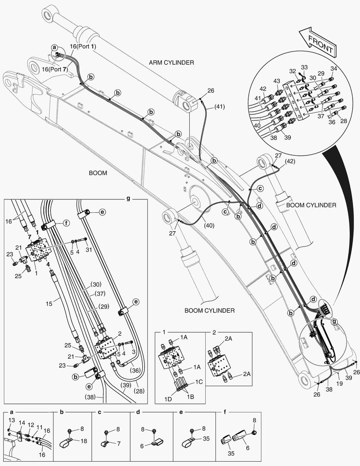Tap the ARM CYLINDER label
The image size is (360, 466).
pos(172,63)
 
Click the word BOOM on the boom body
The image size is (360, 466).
pos(98,173)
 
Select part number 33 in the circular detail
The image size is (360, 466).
pos(304,67)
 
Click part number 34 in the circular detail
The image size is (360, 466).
pos(334,68)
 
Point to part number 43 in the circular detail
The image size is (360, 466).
pos(276,82)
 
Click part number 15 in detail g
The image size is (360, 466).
pos(50,304)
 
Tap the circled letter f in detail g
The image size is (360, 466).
pos(66,224)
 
